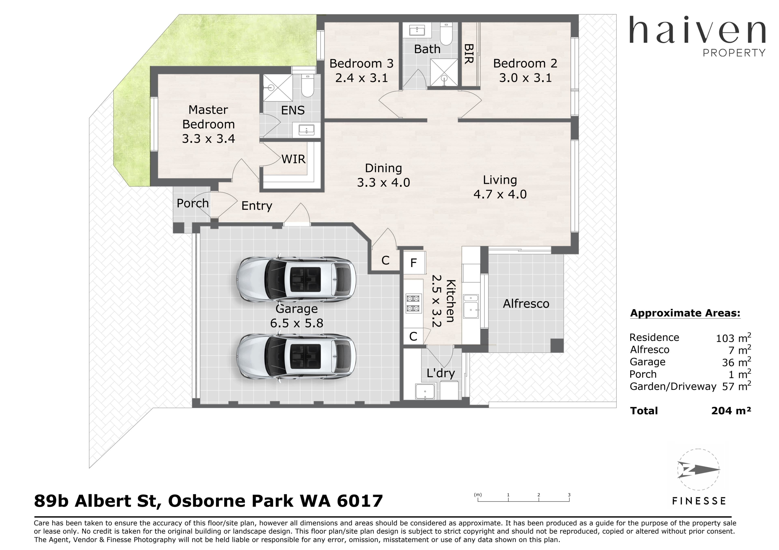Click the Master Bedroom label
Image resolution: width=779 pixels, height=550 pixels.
click(208, 117)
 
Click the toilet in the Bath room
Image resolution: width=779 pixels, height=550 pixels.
click(446, 34)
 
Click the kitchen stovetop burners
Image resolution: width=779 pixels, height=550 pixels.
click(413, 303)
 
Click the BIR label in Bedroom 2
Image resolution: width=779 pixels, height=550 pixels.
click(469, 54)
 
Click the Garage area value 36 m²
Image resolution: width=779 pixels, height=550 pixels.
click(736, 362)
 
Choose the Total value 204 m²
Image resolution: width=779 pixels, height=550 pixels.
click(731, 411)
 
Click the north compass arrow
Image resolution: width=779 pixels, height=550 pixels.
click(699, 470)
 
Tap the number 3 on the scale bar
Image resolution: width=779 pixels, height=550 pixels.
click(569, 495)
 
